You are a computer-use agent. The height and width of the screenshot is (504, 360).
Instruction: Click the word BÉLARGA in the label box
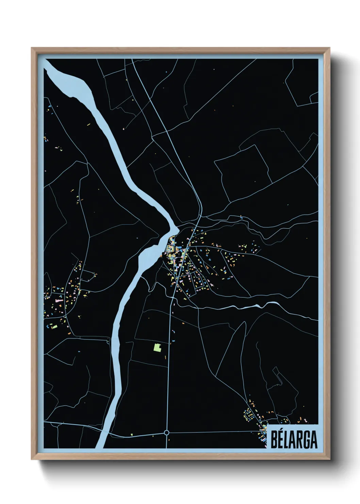coord(294,440)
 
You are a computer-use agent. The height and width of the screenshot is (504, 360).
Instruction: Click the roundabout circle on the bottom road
coord(166,432)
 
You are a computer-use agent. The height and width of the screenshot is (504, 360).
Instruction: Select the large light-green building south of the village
coord(157,347)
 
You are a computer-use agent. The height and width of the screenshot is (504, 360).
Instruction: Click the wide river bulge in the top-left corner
coord(73,85)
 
